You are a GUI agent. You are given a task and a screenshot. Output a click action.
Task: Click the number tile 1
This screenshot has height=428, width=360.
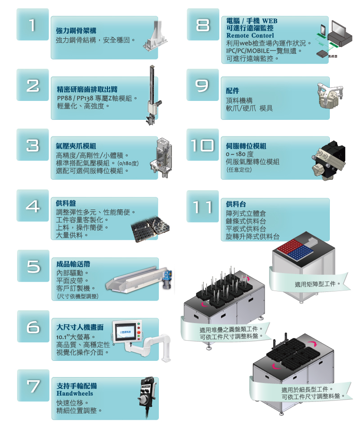coord(32,25)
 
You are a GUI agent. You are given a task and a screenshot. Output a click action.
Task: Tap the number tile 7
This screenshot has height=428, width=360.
coord(33,385)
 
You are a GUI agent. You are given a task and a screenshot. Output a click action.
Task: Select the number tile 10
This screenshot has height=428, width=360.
coord(202,145)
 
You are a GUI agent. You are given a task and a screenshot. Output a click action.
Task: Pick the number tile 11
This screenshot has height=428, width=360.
coord(202,206)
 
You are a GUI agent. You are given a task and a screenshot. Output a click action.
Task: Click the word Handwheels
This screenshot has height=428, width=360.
coord(75,393)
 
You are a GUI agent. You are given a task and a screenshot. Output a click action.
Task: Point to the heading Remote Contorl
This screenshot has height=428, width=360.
coord(250,36)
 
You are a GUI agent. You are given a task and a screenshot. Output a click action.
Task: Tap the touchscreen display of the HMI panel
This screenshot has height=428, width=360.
coord(126,332)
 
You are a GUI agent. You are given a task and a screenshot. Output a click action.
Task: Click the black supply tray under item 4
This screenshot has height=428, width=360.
coord(150,228)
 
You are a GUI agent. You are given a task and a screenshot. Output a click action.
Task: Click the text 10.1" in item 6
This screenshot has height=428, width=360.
coord(62,337)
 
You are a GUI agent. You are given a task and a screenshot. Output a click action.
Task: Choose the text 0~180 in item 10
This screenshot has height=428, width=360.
coord(235,154)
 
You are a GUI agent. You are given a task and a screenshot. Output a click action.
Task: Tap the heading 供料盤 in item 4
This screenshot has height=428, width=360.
coord(66,203)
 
